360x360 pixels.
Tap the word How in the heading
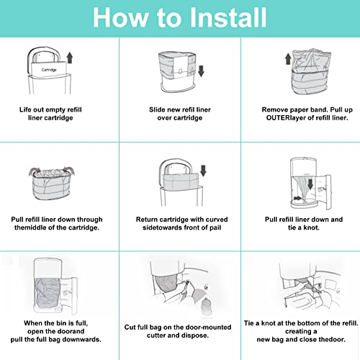click(119, 17)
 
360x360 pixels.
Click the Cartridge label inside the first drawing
click(49, 69)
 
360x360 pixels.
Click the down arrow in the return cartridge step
click(204, 171)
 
